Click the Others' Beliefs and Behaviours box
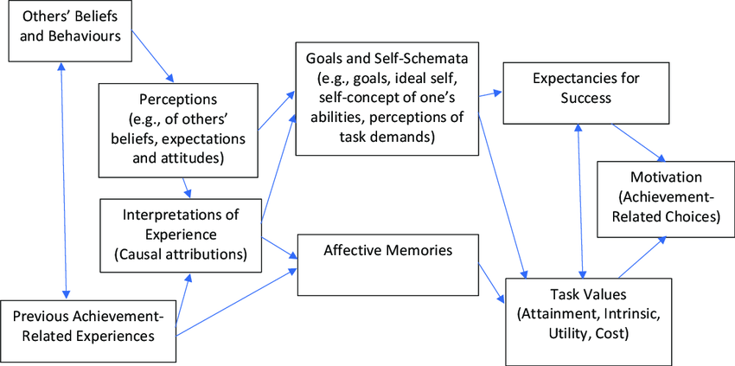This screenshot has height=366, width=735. pyautogui.click(x=71, y=32)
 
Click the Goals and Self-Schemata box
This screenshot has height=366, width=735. pyautogui.click(x=386, y=97)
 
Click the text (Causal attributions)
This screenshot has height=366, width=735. pyautogui.click(x=180, y=254)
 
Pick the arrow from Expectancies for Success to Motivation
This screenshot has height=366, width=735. pyautogui.click(x=638, y=141)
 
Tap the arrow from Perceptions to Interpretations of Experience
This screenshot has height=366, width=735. pyautogui.click(x=187, y=185)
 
